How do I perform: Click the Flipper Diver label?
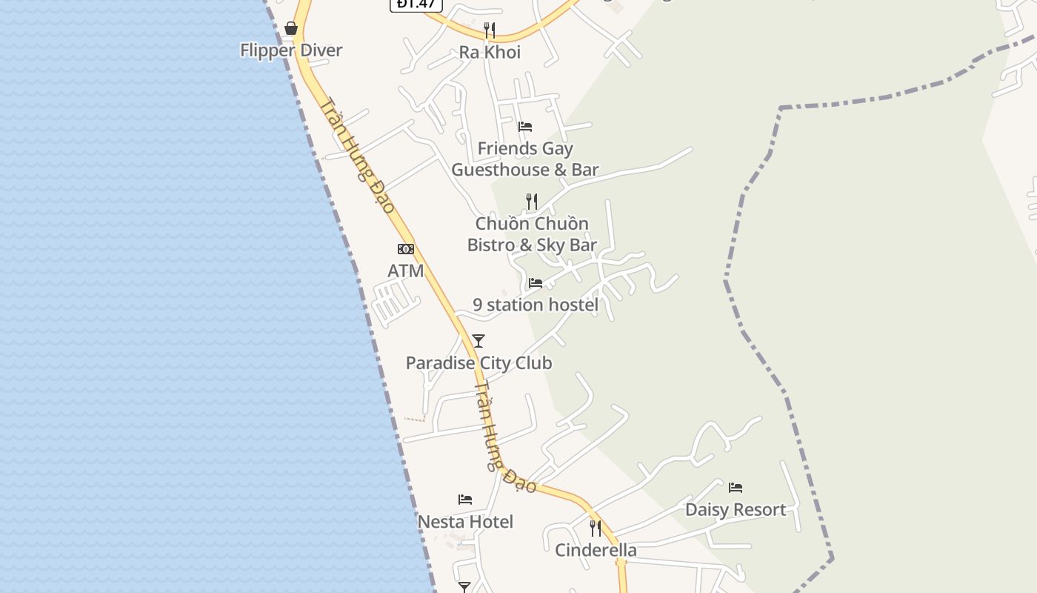pyautogui.click(x=291, y=50)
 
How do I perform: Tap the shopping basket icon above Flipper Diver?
pyautogui.click(x=291, y=28)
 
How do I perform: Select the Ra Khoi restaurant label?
pyautogui.click(x=490, y=52)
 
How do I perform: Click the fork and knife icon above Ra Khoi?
pyautogui.click(x=489, y=30)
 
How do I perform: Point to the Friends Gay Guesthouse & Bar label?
pyautogui.click(x=525, y=159)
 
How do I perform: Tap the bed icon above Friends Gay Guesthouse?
pyautogui.click(x=525, y=127)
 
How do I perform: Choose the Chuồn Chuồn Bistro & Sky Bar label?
pyautogui.click(x=532, y=234)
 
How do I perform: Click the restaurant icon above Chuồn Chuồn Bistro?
pyautogui.click(x=531, y=201)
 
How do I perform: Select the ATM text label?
pyautogui.click(x=406, y=271)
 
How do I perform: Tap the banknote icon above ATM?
pyautogui.click(x=406, y=249)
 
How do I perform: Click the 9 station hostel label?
pyautogui.click(x=536, y=305)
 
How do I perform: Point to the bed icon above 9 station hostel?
pyautogui.click(x=535, y=283)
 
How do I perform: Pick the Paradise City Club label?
pyautogui.click(x=479, y=363)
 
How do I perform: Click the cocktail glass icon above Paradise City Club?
pyautogui.click(x=479, y=341)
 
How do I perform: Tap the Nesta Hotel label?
pyautogui.click(x=465, y=522)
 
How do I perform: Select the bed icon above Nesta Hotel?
pyautogui.click(x=465, y=500)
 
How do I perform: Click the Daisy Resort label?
pyautogui.click(x=736, y=510)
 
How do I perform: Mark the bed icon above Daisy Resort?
pyautogui.click(x=736, y=488)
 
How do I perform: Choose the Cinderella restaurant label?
pyautogui.click(x=596, y=550)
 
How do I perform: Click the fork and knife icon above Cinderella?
pyautogui.click(x=595, y=528)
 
